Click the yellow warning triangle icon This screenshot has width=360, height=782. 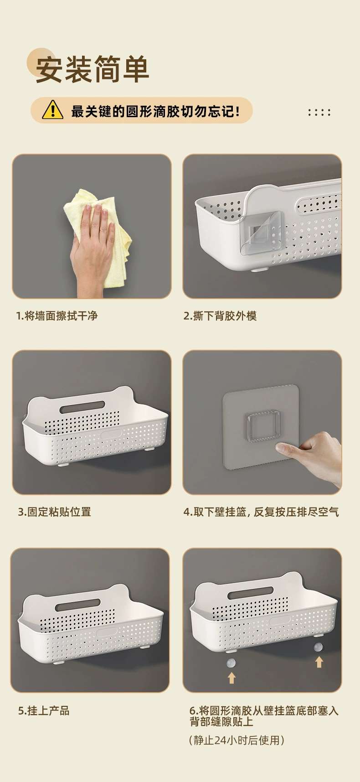click(x=52, y=110)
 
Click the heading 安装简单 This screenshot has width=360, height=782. click(x=93, y=69)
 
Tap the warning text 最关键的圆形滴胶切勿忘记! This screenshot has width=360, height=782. click(x=155, y=111)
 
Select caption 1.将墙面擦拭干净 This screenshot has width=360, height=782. click(x=57, y=316)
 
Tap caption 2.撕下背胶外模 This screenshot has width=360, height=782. click(x=220, y=316)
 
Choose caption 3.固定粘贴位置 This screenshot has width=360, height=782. click(x=55, y=512)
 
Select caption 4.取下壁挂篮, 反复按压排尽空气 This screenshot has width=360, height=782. click(x=261, y=512)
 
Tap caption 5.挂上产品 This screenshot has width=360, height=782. click(x=44, y=710)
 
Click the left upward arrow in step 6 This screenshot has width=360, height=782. click(x=231, y=678)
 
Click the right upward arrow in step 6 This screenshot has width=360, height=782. click(x=319, y=662)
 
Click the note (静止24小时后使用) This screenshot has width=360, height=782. click(x=237, y=740)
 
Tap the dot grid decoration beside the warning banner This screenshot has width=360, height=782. click(x=319, y=112)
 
